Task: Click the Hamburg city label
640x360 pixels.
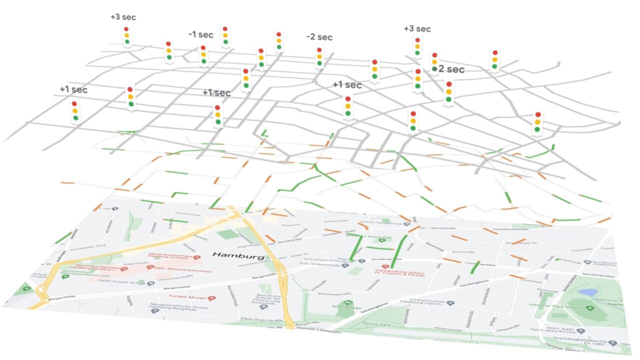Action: [238, 255]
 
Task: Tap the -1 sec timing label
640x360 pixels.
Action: [200, 34]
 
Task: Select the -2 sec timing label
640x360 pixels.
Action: [319, 37]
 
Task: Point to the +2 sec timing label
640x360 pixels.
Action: [449, 69]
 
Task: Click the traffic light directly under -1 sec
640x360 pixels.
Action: [203, 55]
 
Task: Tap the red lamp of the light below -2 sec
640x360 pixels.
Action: [319, 50]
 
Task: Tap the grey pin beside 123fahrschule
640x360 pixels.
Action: [450, 303]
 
